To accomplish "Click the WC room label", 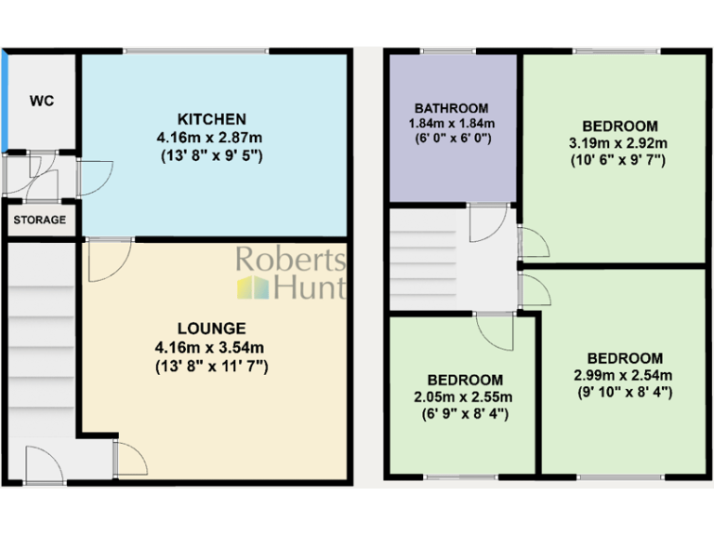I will point(41,100).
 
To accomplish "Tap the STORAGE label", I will point(40,221).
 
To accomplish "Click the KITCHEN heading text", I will point(212,119).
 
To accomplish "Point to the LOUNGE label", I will point(212,328).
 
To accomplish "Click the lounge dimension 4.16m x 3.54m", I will point(212,347).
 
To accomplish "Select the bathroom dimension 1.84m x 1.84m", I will point(451,124).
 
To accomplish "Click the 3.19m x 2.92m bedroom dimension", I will point(620,143).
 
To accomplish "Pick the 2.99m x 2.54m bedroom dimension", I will point(625,375).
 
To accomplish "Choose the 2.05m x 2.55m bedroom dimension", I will point(465,397).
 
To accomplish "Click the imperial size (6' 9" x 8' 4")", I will point(465,414).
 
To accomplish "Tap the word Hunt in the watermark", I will point(310,288).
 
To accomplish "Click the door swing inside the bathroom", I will point(486,221).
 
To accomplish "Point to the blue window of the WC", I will point(5,100).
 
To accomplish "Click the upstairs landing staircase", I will point(419,261).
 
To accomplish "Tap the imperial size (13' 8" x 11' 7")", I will point(212,366).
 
